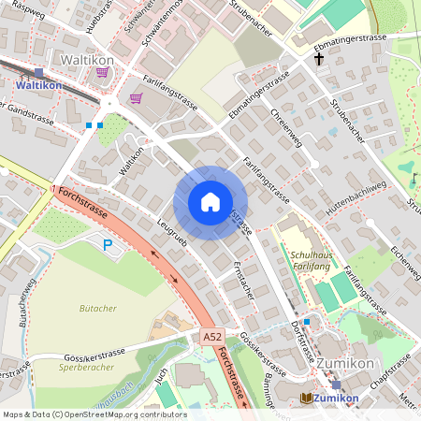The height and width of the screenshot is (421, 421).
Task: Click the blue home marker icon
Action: point(210,202)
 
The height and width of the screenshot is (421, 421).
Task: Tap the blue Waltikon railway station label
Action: point(38,84)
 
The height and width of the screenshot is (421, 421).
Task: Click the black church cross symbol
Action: point(319,59)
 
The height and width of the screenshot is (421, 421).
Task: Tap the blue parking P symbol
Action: point(108,244)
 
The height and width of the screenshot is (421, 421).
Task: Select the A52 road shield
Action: point(211,334)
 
